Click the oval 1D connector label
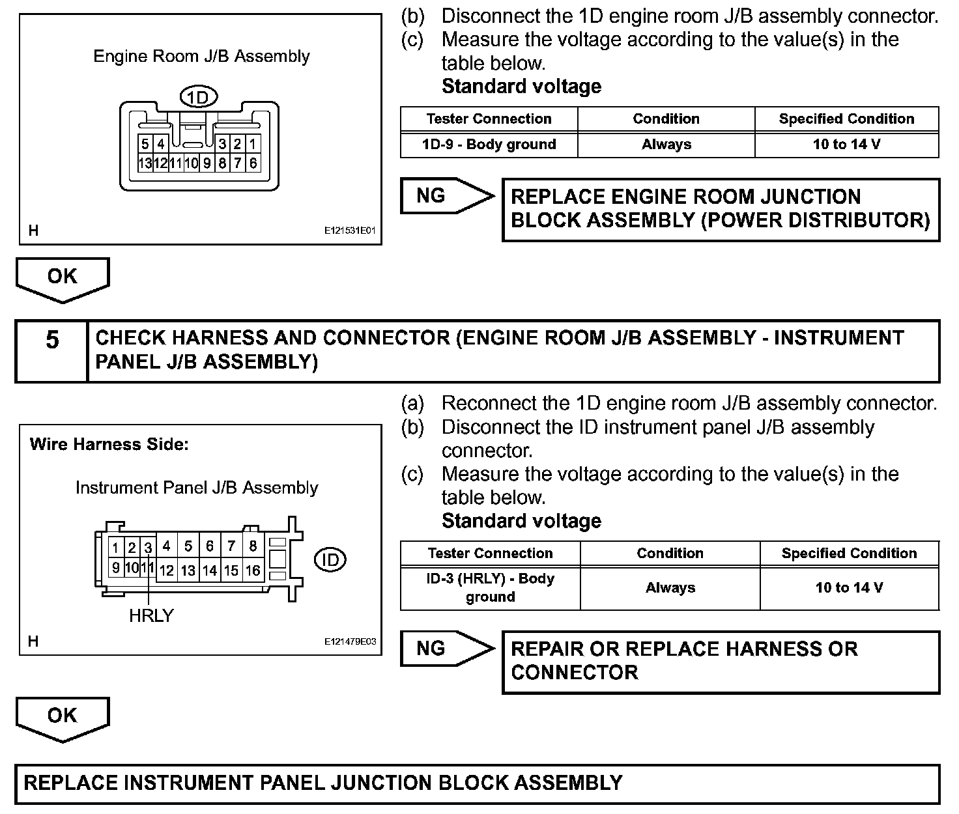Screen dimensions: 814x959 (198, 97)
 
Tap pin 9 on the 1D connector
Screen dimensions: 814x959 (207, 163)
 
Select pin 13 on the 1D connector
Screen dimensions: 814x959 (145, 163)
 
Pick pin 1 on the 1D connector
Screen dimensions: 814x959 (253, 144)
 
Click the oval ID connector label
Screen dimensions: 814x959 (330, 559)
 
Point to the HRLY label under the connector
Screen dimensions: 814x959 (151, 615)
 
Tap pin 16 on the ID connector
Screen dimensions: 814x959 (253, 570)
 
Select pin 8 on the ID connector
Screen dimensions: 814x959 (253, 546)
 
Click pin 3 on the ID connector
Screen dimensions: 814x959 (148, 548)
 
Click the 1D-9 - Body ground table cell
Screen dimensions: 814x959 (489, 145)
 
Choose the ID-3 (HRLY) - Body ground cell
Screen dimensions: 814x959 (490, 587)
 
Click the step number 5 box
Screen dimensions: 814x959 (52, 341)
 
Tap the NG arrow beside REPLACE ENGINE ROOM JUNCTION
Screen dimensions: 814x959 (446, 195)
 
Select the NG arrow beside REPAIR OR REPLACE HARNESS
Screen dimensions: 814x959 (446, 648)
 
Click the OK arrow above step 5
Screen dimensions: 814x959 (63, 278)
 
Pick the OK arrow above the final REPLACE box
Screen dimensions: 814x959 (63, 718)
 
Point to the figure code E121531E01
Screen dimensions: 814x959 (351, 231)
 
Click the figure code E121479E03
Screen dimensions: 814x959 (351, 641)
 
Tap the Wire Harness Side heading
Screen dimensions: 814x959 (109, 445)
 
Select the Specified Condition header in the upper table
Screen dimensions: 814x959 (846, 119)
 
